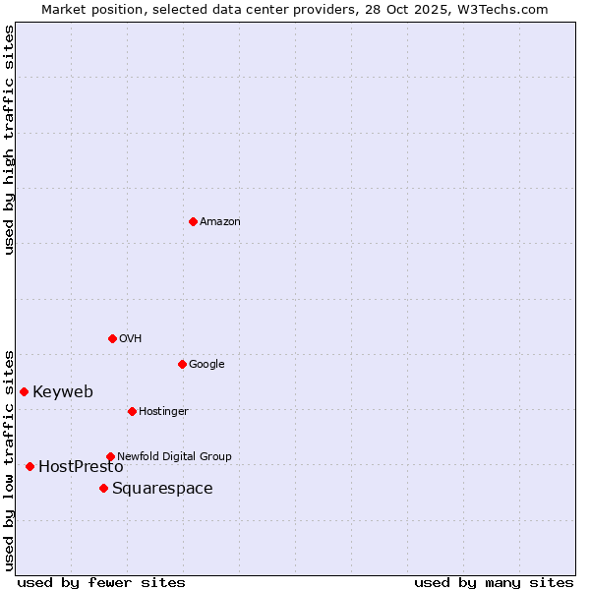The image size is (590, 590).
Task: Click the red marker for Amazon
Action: click(193, 221)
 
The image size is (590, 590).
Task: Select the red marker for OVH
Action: click(112, 338)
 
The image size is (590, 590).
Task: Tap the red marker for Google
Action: click(182, 364)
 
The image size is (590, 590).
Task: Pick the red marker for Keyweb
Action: click(24, 391)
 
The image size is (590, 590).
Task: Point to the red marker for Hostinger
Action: click(132, 411)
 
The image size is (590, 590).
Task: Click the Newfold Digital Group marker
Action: click(110, 456)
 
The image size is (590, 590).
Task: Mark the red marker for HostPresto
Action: click(29, 466)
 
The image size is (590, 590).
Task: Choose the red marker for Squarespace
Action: click(103, 488)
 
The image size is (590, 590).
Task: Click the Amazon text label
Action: click(220, 221)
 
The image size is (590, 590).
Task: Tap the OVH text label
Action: click(131, 338)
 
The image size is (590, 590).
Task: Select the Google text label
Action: click(206, 364)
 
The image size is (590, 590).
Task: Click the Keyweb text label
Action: click(63, 391)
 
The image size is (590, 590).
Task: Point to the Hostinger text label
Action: click(163, 411)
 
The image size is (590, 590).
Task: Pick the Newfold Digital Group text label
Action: click(174, 456)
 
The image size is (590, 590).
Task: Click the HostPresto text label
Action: click(81, 467)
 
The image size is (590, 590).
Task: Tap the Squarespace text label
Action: click(162, 489)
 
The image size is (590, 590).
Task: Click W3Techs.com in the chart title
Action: click(504, 9)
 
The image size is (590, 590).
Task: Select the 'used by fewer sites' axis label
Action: click(101, 582)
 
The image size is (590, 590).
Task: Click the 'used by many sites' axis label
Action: click(494, 582)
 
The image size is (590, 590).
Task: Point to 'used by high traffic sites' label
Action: click(9, 140)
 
